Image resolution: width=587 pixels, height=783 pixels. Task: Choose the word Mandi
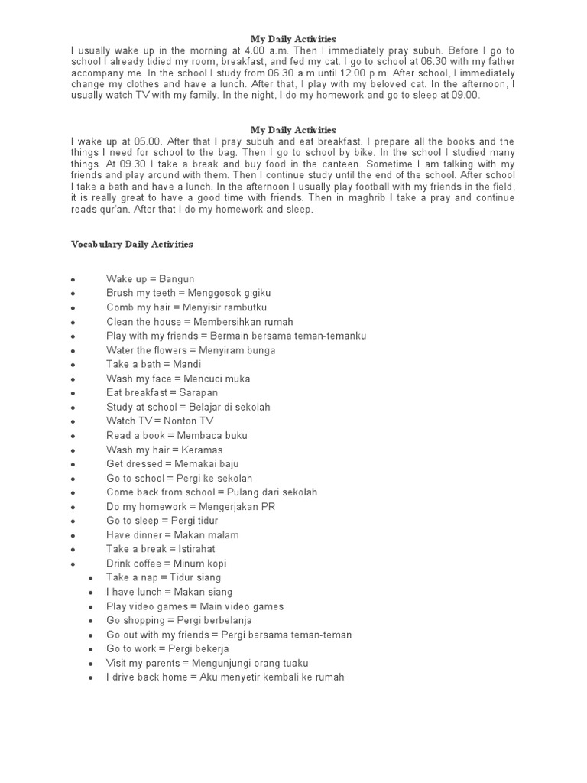[x=187, y=364]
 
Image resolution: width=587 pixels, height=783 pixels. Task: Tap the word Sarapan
[x=196, y=393]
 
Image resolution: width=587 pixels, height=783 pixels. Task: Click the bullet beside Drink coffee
[x=72, y=564]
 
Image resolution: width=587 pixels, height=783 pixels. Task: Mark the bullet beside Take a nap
[x=90, y=578]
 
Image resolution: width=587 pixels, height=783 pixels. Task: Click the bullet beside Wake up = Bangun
[x=72, y=280]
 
